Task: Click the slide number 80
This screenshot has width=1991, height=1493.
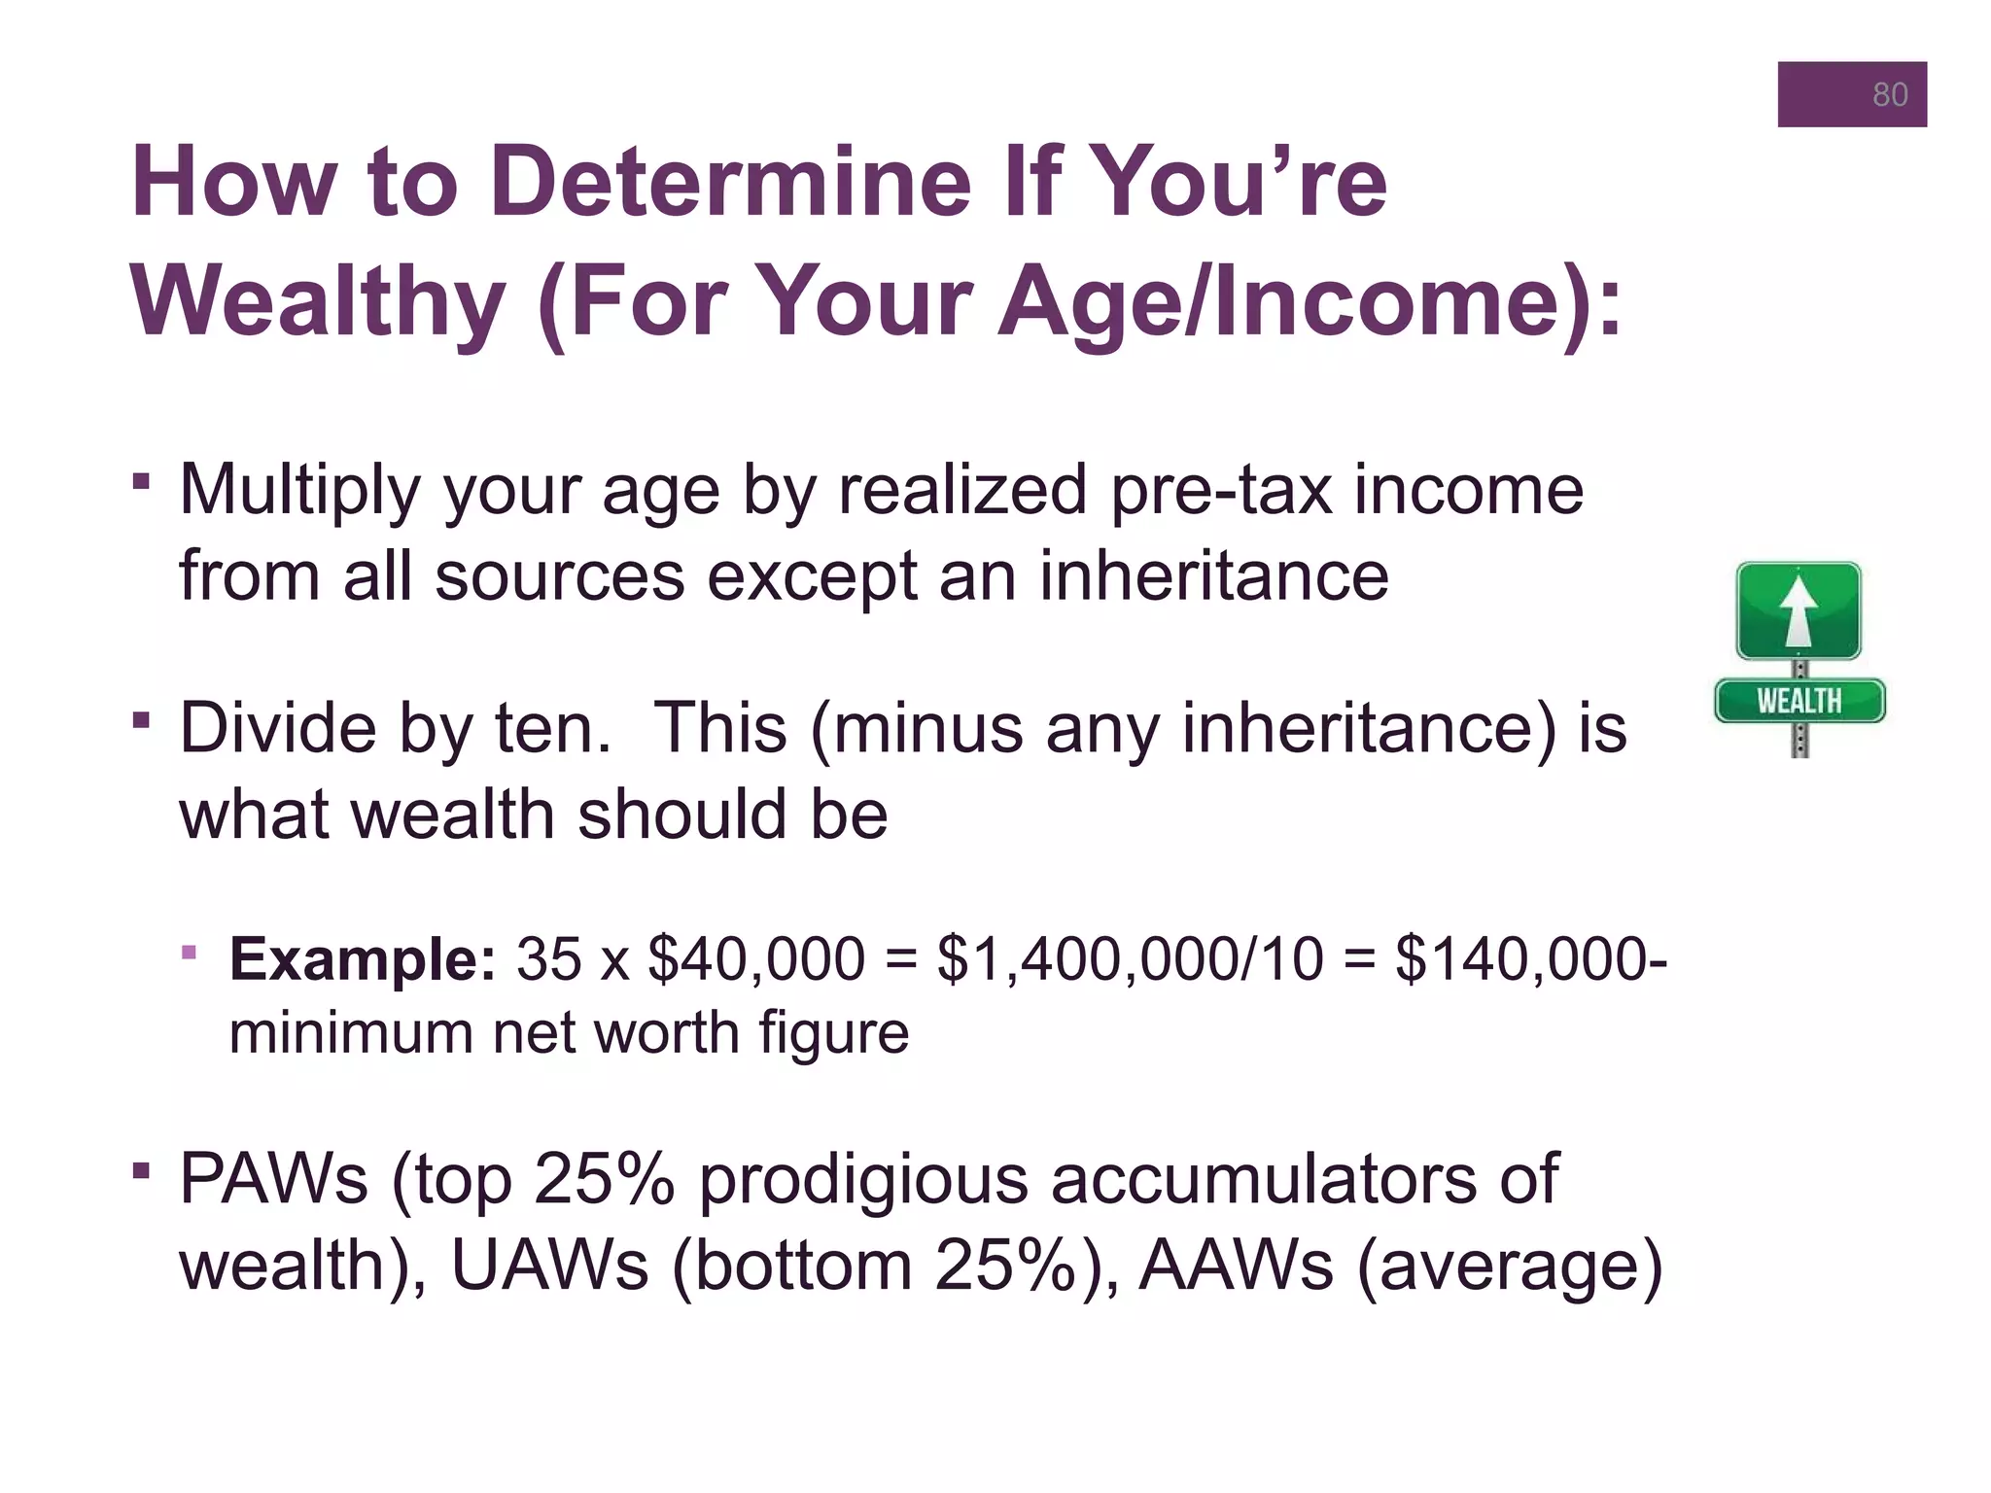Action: point(1889,94)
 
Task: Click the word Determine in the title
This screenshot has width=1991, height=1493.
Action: point(730,182)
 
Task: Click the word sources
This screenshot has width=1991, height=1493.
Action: point(559,576)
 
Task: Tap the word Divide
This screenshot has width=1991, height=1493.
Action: point(277,728)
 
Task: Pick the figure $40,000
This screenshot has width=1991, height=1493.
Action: point(756,959)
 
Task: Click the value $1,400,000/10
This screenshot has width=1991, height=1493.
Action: point(1130,959)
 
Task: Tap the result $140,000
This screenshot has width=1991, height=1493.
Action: point(1521,959)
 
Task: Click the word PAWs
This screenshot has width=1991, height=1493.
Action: point(273,1179)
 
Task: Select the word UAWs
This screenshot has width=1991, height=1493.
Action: point(549,1265)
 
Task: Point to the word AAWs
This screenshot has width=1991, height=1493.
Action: point(1236,1265)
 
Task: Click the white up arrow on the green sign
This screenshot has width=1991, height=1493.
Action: point(1799,611)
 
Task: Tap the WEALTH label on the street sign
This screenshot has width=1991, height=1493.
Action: point(1799,701)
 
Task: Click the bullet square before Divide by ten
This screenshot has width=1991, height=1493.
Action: point(142,720)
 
